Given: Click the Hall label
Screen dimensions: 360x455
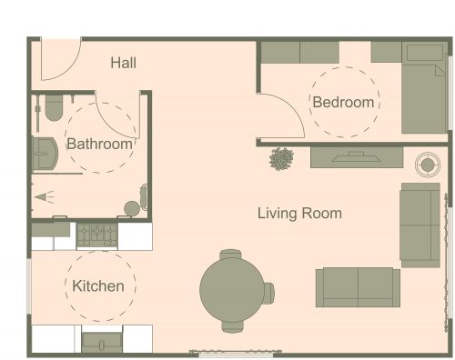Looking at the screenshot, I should (124, 63).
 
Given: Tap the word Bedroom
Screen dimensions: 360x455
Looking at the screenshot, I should (343, 102).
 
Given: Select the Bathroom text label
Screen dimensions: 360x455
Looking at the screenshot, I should (99, 144).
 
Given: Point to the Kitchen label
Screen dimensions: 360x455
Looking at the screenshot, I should (98, 285).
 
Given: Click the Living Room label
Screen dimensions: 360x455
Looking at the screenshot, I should (299, 214).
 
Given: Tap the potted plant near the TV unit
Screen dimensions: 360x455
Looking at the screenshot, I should (282, 159).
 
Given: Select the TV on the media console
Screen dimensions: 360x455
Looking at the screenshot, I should (349, 157).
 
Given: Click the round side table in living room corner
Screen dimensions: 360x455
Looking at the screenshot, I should (426, 165).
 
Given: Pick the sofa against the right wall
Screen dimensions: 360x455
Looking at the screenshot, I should (420, 224).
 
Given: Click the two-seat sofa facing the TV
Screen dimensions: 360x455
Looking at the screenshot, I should (358, 286).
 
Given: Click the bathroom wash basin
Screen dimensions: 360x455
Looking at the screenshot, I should (43, 155).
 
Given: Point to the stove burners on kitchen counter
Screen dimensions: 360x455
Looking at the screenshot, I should (96, 235).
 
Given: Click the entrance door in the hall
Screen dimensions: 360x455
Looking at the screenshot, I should (58, 60).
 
